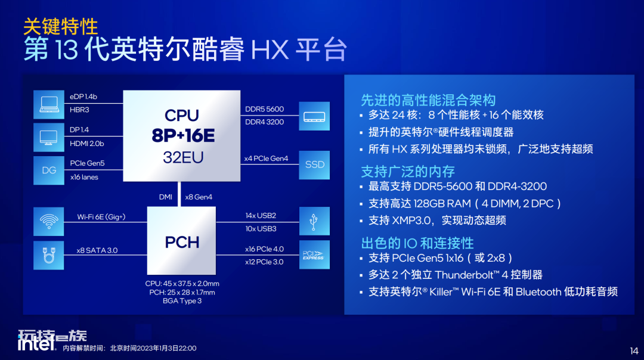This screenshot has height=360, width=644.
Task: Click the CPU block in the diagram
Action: click(181, 136)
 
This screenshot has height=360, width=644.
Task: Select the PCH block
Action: click(181, 241)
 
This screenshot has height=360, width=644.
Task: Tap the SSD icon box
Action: click(314, 165)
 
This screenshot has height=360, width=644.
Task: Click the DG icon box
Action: click(49, 170)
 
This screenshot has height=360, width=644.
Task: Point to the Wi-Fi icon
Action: click(49, 222)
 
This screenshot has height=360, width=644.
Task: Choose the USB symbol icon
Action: click(314, 221)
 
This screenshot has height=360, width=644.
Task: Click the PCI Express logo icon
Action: click(314, 255)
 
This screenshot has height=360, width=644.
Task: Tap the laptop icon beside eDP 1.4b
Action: click(49, 105)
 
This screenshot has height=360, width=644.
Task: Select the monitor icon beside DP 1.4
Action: click(49, 138)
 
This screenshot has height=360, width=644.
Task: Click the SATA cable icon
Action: click(49, 255)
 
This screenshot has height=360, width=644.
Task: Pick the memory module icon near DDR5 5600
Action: click(314, 116)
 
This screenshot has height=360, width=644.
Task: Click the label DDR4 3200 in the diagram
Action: click(265, 122)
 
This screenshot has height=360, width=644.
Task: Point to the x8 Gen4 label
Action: click(199, 197)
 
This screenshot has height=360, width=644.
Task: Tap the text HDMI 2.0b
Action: click(86, 144)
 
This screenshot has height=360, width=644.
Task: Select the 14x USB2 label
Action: click(261, 216)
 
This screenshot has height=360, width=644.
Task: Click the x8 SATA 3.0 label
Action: click(97, 250)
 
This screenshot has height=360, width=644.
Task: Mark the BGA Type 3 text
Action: click(182, 301)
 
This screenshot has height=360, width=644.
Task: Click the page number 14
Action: click(634, 351)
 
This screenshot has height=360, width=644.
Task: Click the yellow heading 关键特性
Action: click(61, 27)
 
